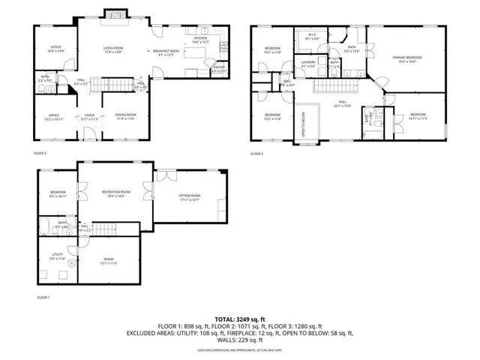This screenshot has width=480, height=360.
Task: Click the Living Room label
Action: tap(114, 50)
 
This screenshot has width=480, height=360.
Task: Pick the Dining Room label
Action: tap(125, 115)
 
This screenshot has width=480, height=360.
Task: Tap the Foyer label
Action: tap(89, 115)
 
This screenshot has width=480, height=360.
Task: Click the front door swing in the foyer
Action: tap(88, 135)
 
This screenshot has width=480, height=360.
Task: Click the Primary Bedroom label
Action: tap(407, 59)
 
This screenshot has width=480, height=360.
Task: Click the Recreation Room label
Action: tap(116, 193)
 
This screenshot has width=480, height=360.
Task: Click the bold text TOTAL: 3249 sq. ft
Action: tap(240, 319)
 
